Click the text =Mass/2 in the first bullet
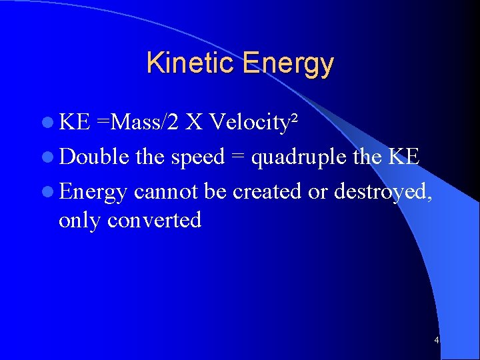coord(138,122)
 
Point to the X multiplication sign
coord(194,122)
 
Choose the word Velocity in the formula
coord(249,123)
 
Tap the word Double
coord(93,157)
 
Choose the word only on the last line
coord(80,220)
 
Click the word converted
coord(154,220)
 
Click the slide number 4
coord(436,341)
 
